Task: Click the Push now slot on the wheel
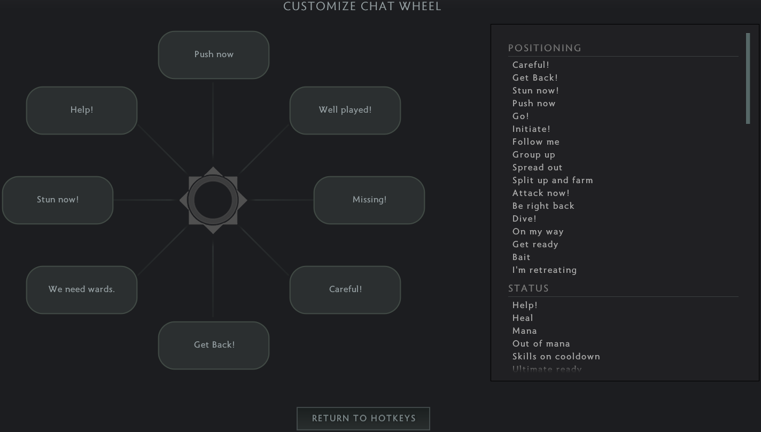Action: click(x=214, y=54)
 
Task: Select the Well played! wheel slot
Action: click(x=345, y=110)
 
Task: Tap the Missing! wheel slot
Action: click(x=369, y=200)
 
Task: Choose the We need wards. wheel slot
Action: click(x=82, y=289)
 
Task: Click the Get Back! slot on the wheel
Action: click(x=214, y=345)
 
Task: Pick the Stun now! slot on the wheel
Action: click(x=58, y=200)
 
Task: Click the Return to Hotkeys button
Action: click(x=363, y=419)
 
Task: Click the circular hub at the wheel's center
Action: click(x=213, y=200)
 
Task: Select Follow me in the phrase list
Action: click(x=536, y=142)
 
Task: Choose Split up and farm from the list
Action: click(x=553, y=180)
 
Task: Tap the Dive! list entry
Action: click(x=524, y=219)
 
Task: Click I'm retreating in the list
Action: click(x=545, y=270)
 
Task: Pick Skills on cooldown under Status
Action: click(x=556, y=357)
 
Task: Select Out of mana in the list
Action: click(x=541, y=344)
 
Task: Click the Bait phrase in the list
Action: click(x=522, y=257)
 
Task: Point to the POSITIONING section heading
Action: click(x=545, y=48)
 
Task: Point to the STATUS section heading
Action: click(x=529, y=288)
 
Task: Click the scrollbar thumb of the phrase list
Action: click(x=748, y=78)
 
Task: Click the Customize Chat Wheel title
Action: click(x=362, y=6)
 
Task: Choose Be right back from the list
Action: click(x=543, y=206)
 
